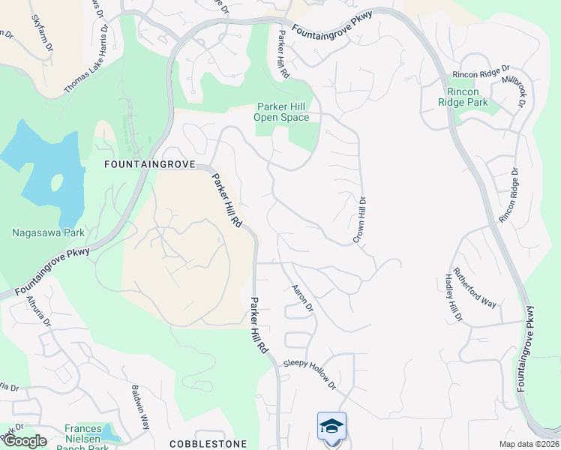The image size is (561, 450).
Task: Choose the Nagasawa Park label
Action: click(49, 232)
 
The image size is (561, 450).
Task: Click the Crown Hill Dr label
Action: click(361, 219)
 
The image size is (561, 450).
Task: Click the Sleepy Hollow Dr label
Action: click(309, 373)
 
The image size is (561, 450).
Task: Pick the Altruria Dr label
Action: click(39, 312)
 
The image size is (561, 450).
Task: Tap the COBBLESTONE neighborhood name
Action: click(208, 444)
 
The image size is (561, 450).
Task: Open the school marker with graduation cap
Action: click(331, 426)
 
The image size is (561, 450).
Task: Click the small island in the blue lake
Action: click(57, 182)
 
